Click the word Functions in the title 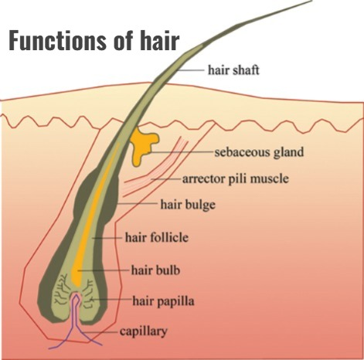coord(58,40)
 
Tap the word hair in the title coord(160,40)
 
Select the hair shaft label coord(233,70)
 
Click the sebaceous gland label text coord(259,152)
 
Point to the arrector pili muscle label coord(236,178)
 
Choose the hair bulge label coord(188,205)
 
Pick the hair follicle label coord(157,237)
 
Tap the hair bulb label coord(155,270)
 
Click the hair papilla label coord(163,301)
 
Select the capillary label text coord(143,331)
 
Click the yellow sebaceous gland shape coord(142,144)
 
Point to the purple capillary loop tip coord(77,295)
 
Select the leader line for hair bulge coord(138,203)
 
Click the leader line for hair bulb coord(103,270)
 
